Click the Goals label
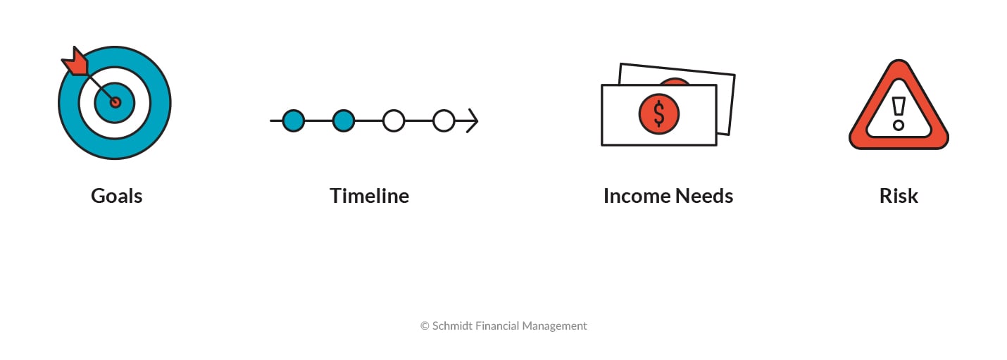pyautogui.click(x=116, y=196)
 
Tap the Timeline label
pyautogui.click(x=369, y=196)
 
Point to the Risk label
pyautogui.click(x=899, y=196)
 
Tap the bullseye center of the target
pyautogui.click(x=115, y=103)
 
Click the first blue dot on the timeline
pyautogui.click(x=293, y=121)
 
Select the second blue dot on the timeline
pyautogui.click(x=343, y=121)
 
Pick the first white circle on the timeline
pyautogui.click(x=394, y=121)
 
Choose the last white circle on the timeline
pyautogui.click(x=444, y=121)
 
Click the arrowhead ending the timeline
pyautogui.click(x=472, y=121)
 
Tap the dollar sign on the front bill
pyautogui.click(x=659, y=113)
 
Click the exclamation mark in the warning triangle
pyautogui.click(x=899, y=106)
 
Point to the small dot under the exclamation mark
pyautogui.click(x=899, y=125)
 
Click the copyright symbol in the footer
pyautogui.click(x=425, y=326)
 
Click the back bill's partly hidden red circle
pyautogui.click(x=675, y=81)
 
